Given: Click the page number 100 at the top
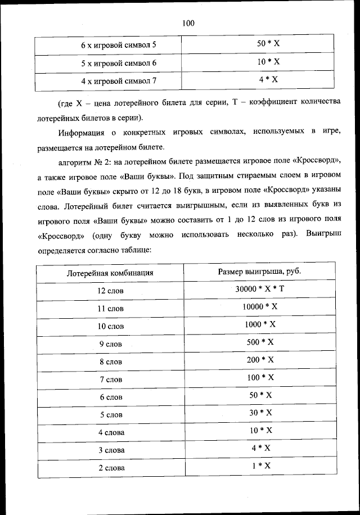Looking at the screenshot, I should pyautogui.click(x=188, y=23).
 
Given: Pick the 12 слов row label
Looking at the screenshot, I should pyautogui.click(x=110, y=291).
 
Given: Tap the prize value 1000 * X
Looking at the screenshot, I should pyautogui.click(x=259, y=324).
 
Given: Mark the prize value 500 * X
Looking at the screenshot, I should pyautogui.click(x=259, y=342).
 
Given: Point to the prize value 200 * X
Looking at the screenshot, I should pyautogui.click(x=259, y=360).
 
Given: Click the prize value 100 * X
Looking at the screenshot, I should pyautogui.click(x=259, y=377).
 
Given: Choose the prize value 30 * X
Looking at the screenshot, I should pyautogui.click(x=259, y=413).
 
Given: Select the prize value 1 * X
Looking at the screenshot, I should pyautogui.click(x=259, y=466).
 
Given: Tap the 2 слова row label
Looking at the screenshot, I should pyautogui.click(x=111, y=468).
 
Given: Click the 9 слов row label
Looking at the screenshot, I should pyautogui.click(x=110, y=344).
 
